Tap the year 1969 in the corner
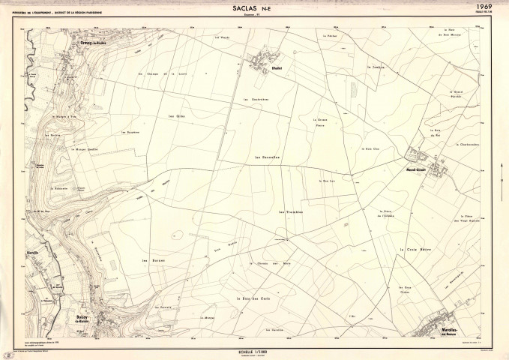pyautogui.click(x=492, y=6)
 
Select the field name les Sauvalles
pyautogui.click(x=267, y=157)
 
